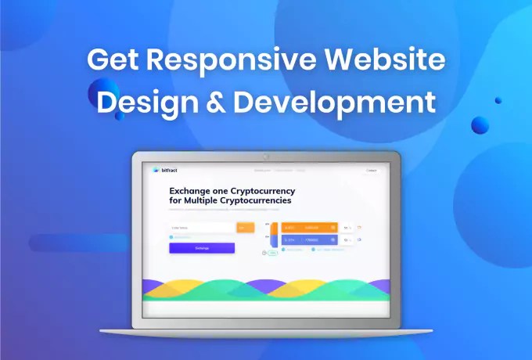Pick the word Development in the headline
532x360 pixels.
click(335, 103)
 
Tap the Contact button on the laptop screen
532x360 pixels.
click(371, 170)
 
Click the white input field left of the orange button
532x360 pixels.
click(202, 228)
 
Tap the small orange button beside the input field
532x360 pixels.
click(245, 228)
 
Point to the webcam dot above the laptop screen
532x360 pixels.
click(266, 157)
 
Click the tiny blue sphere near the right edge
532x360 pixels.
click(498, 100)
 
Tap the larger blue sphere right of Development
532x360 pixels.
click(480, 124)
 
